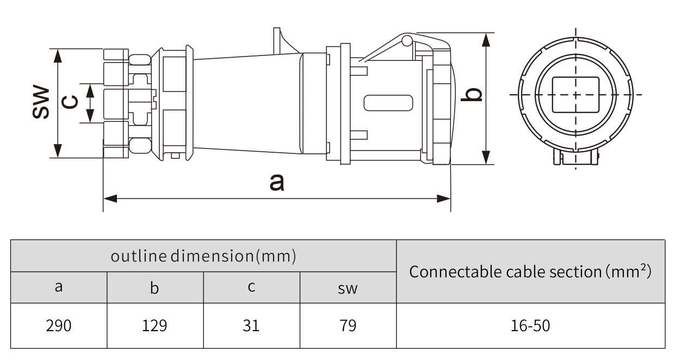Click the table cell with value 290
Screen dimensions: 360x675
pos(59,326)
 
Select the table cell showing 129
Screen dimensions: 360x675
pos(155,326)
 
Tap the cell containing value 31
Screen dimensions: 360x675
pos(251,326)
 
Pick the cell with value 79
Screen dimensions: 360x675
pos(348,326)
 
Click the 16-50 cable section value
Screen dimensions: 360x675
pos(530,326)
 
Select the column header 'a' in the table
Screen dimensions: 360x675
pos(59,287)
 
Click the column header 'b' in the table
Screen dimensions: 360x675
pos(155,287)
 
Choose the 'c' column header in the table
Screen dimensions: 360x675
pos(251,287)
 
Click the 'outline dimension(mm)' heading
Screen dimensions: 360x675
pos(203,256)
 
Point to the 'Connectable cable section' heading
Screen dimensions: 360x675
pos(530,271)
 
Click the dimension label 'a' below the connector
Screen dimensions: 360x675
pos(277,182)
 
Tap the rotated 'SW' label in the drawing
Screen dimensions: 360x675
pos(40,102)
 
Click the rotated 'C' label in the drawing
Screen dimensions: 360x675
pos(71,102)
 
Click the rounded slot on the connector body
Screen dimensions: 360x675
pos(388,103)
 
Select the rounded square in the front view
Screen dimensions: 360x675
pos(575,95)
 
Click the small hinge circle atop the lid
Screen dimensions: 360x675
pos(406,40)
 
